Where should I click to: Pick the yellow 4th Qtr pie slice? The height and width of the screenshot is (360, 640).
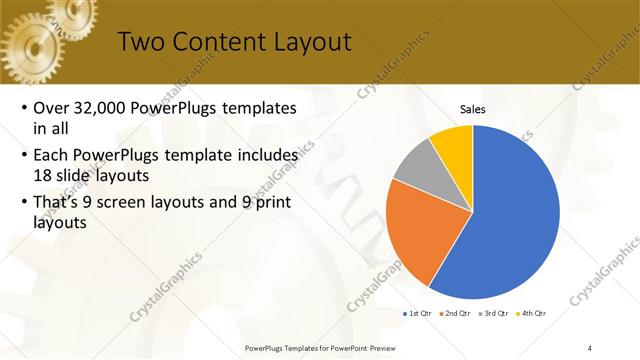click(x=453, y=144)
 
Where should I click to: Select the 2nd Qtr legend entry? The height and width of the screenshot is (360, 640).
click(x=456, y=314)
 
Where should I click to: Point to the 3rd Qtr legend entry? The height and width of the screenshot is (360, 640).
click(x=495, y=314)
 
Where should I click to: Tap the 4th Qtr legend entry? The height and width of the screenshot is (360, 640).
click(x=533, y=314)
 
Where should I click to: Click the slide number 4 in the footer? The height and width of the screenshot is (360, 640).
click(x=590, y=347)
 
